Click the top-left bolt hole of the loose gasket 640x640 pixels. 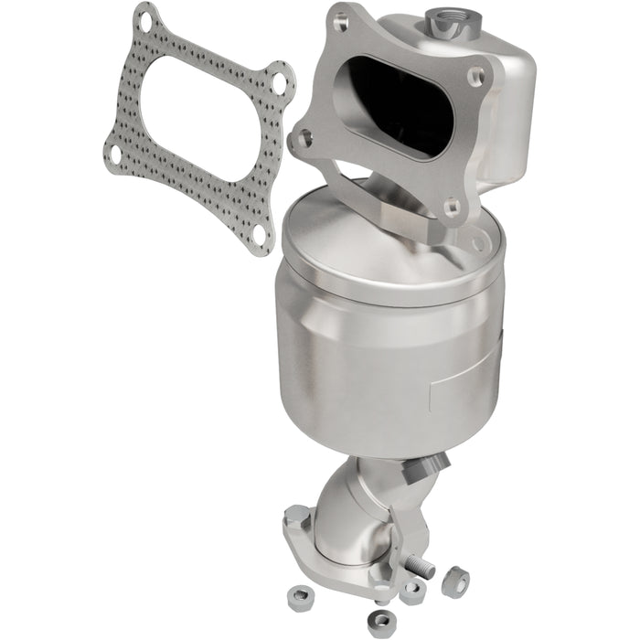point(144,16)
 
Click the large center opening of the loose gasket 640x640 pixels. point(196,123)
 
